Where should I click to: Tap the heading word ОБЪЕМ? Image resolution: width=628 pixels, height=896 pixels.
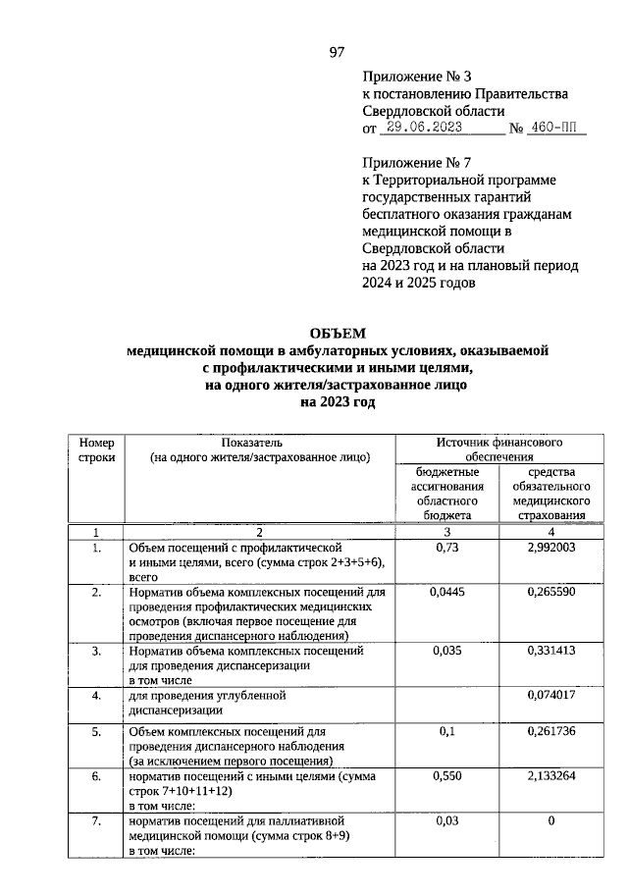coord(337,334)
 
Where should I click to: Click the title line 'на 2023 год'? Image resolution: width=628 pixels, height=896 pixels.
coord(337,401)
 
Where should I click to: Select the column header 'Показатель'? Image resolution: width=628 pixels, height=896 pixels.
coord(259,443)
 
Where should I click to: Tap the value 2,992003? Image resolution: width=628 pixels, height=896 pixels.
coord(544,546)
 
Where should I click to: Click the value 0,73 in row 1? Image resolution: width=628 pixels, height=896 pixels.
coord(446,546)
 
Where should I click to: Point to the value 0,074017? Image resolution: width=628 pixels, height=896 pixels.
coord(544,696)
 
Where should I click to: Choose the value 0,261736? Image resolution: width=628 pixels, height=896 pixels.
coord(544,732)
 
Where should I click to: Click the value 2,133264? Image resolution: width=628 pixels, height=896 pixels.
coord(544,777)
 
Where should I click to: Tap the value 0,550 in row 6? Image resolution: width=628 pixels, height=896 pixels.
coord(446,777)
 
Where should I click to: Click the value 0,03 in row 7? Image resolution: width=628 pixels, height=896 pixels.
coord(446,820)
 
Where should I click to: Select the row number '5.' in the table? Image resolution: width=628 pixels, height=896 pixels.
coord(96,732)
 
